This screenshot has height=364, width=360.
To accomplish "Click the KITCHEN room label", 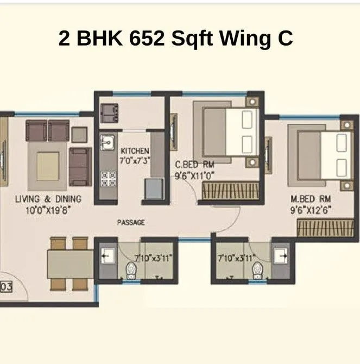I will (x=135, y=150).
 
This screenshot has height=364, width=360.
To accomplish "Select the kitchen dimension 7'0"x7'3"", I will (x=135, y=161).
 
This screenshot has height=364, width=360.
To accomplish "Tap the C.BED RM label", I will (x=194, y=164).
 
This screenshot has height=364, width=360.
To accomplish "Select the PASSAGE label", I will (x=131, y=222).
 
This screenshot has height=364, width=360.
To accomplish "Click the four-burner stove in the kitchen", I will (x=108, y=176).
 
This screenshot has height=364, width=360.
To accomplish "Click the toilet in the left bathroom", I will (x=131, y=269).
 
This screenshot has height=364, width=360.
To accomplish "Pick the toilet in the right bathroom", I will (x=258, y=269).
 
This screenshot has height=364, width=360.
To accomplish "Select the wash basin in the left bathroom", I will (x=107, y=256).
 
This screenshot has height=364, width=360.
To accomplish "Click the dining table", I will (x=70, y=263).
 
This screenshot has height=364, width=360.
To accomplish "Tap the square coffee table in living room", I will (x=48, y=161).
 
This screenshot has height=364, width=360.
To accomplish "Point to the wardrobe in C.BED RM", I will (x=223, y=191).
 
